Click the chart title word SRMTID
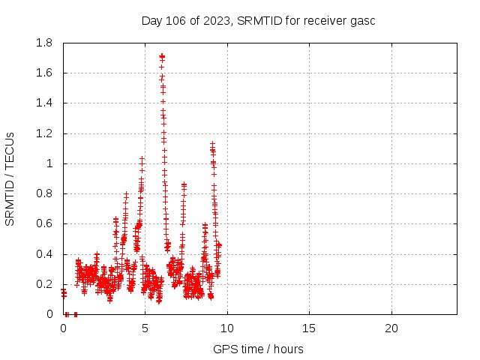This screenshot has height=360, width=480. (257, 20)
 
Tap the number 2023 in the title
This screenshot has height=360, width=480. (215, 20)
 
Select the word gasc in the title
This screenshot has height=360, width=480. (362, 20)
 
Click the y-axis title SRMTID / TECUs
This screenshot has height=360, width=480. (10, 178)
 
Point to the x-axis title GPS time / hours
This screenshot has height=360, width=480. (258, 349)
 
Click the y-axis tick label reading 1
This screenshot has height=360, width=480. (51, 163)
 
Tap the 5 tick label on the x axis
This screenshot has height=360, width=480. (145, 328)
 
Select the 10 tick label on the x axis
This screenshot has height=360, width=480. (226, 328)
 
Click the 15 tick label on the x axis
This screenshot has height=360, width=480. (309, 328)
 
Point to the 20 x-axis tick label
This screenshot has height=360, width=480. (391, 328)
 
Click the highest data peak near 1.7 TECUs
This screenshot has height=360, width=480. (161, 56)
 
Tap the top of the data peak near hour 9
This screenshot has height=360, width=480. (212, 144)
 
